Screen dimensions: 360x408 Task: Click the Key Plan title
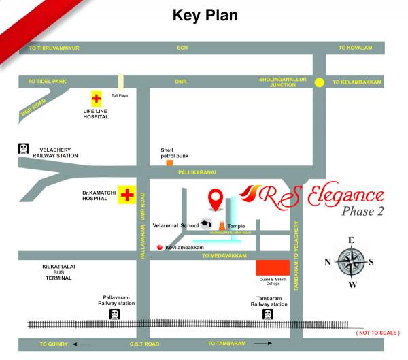pos(205,15)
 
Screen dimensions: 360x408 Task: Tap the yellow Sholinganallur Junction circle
pos(320,82)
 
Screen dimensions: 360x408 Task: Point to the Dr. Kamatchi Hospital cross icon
pos(126,195)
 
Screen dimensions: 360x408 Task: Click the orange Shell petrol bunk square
pos(169,163)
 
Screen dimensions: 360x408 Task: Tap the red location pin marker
pos(216,199)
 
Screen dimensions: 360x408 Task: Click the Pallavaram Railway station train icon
pos(115,314)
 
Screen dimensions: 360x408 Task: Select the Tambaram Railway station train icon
pos(268,314)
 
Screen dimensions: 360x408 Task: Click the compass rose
pos(352,261)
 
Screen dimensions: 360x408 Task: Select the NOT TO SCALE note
pos(378,333)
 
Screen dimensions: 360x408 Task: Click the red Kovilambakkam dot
pos(159,247)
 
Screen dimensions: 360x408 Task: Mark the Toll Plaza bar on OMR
pos(120,82)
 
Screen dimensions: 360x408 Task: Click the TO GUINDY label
pos(52,344)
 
